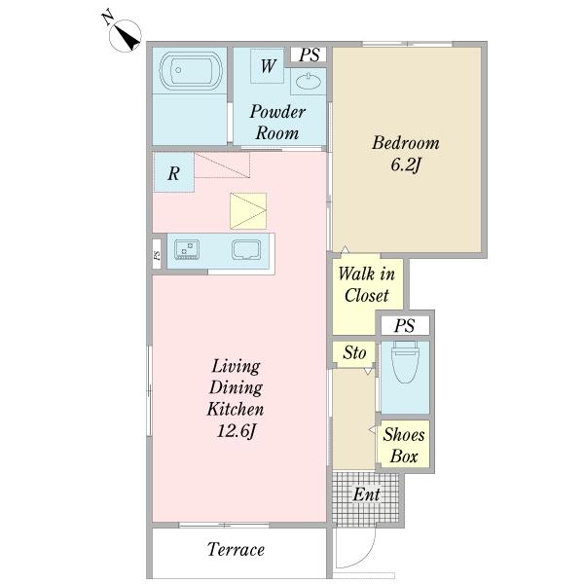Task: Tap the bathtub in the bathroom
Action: coord(191,71)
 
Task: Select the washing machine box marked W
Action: coord(268,66)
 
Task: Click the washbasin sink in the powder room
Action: coord(308,81)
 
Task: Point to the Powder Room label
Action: coord(277,123)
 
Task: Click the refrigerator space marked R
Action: coord(173,172)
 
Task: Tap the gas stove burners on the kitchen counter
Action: coord(187,249)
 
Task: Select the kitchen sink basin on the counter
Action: coord(246,249)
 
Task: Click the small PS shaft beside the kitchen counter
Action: coord(157,254)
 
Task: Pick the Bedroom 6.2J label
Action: coord(406,153)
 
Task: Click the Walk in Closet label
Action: coord(367,284)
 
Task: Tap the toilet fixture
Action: coord(405,362)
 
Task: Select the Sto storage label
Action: coord(354,352)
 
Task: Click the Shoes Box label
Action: coord(404,445)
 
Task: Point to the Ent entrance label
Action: coord(367,494)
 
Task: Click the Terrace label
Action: coord(236,549)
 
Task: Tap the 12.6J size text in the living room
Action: coord(237,431)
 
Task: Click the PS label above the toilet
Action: coord(405,326)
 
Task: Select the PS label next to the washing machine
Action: coord(310,55)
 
